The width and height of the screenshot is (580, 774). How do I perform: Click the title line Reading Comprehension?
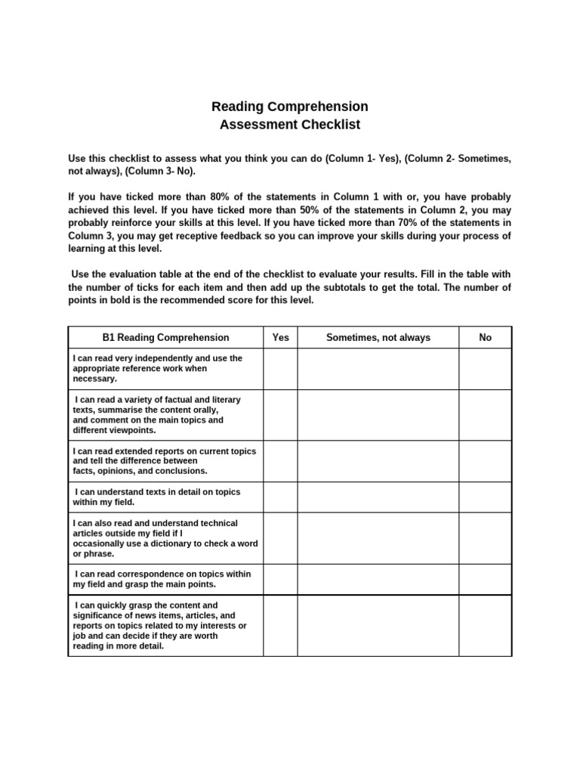point(290,107)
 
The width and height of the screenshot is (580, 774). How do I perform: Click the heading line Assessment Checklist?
point(290,125)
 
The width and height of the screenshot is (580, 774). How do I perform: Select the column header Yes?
point(280,337)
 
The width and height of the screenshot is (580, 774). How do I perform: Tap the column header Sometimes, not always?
point(378,337)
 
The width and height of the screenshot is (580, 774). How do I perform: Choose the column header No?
point(485,337)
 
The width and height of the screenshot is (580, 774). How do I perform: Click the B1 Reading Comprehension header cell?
point(165,337)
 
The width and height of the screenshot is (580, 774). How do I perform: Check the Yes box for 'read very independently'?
point(280,368)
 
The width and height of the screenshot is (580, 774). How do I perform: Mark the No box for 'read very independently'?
point(485,368)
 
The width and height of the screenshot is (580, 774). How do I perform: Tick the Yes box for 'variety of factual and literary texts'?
point(280,414)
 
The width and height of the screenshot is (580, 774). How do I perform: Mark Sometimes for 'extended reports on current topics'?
point(378,460)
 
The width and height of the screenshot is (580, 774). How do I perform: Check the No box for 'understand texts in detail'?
point(485,497)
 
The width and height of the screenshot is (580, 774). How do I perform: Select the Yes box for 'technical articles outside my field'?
point(280,538)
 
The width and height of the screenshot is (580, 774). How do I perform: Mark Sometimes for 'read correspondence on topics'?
point(378,579)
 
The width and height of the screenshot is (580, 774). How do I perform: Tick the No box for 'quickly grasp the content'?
point(485,625)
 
